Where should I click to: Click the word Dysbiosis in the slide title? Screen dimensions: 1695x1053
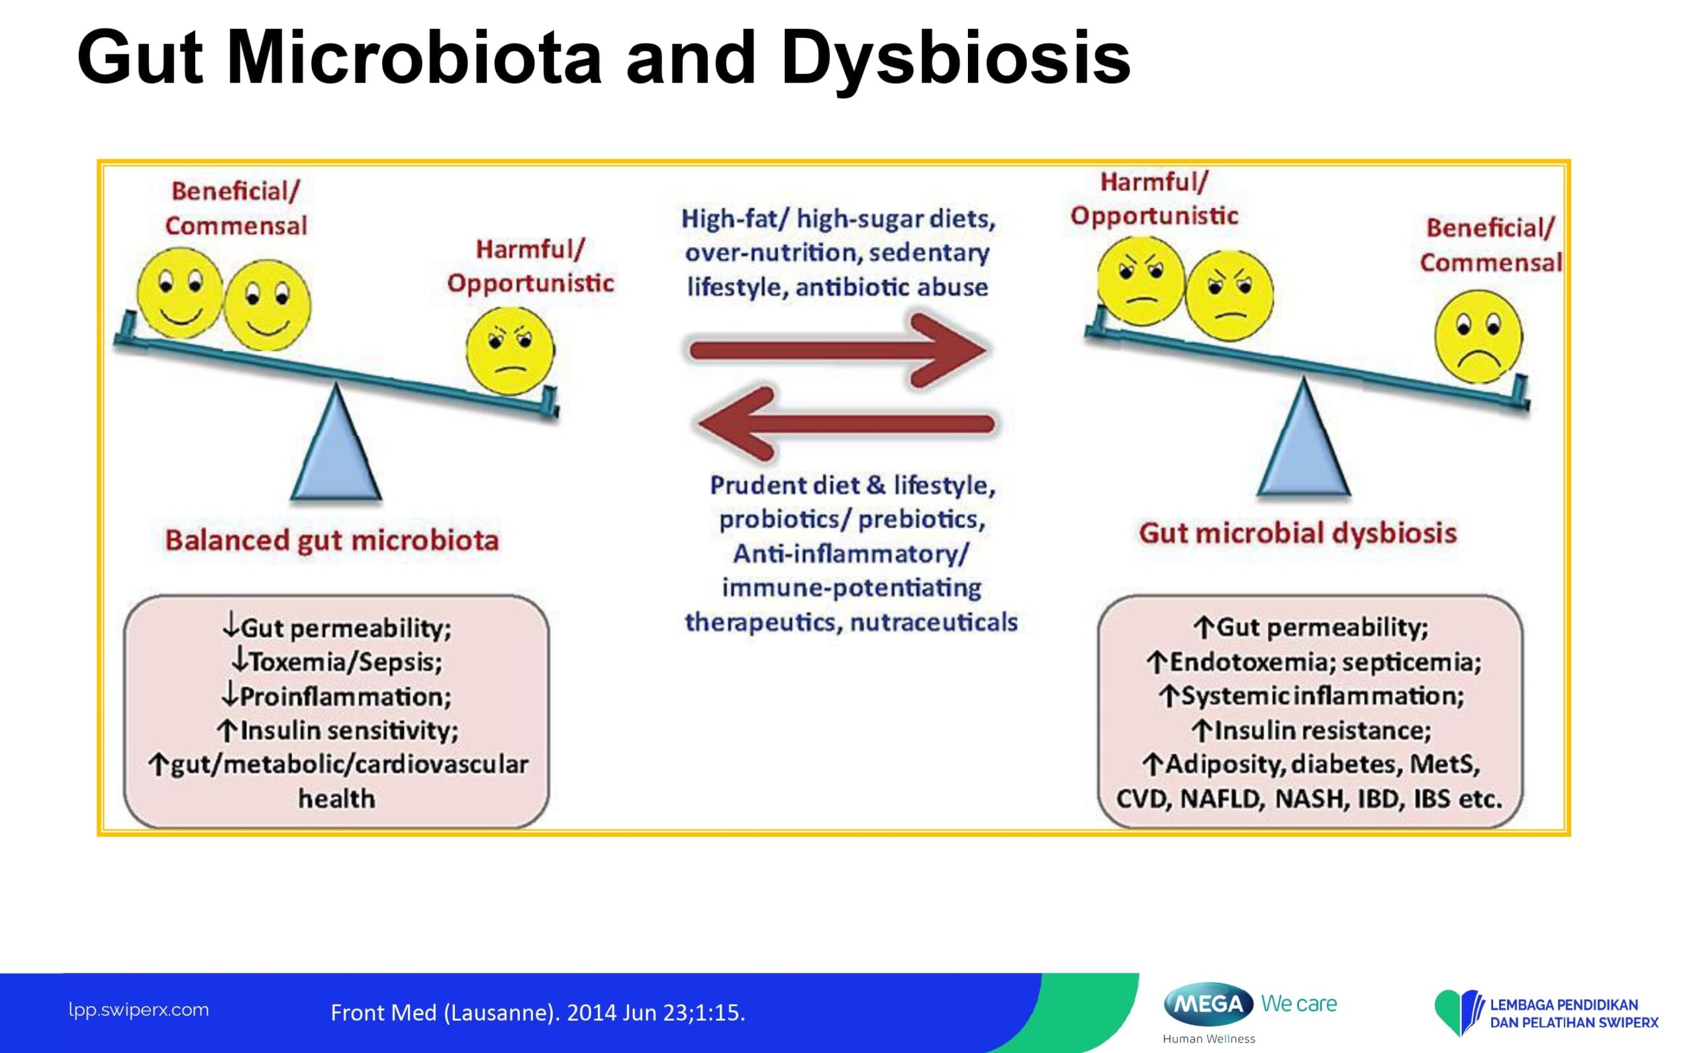click(955, 58)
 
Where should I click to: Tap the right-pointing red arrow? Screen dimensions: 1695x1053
click(838, 349)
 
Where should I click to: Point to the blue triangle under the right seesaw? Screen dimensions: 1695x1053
click(1304, 437)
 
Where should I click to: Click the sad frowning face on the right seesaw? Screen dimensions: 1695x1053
click(1478, 336)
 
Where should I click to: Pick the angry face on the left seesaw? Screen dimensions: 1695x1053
click(510, 350)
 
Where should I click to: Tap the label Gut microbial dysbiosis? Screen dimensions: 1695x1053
click(1298, 533)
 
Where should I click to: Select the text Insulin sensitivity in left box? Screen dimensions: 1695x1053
click(349, 731)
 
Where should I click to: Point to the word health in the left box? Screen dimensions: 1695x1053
click(336, 798)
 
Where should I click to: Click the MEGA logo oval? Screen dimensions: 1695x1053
click(1209, 1004)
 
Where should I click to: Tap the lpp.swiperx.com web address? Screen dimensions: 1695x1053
click(138, 1010)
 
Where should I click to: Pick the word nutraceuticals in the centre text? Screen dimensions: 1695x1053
click(934, 622)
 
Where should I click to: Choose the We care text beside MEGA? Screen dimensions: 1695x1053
click(1299, 1003)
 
